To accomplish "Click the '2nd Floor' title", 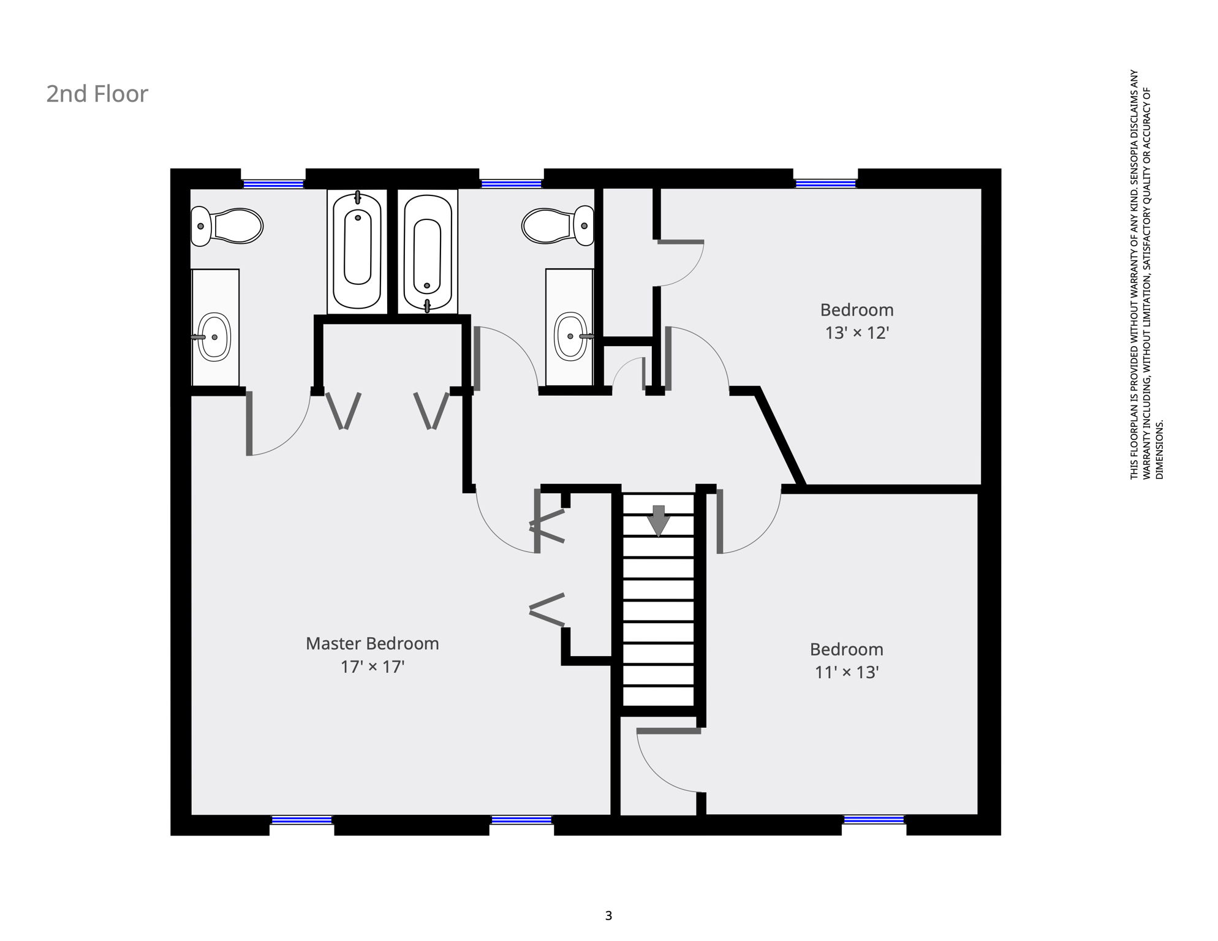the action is [97, 94].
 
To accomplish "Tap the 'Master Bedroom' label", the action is [373, 644].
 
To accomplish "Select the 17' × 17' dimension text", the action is [373, 667].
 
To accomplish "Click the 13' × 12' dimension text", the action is [857, 333].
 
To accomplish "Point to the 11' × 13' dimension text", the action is [847, 672].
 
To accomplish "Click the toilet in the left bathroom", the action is [227, 225].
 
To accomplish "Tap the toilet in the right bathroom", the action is [558, 225].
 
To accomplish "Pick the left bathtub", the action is [357, 252].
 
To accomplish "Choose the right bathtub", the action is [428, 252].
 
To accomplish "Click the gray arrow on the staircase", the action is [659, 521].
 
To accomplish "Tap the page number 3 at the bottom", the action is [608, 916].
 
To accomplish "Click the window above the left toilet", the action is [273, 183].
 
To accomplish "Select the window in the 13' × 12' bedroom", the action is [825, 183].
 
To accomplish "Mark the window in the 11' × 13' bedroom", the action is [874, 820].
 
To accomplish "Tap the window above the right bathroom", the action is [511, 183].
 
